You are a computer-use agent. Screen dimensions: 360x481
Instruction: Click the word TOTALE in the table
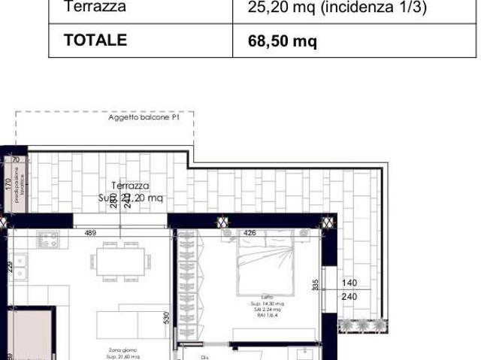95,41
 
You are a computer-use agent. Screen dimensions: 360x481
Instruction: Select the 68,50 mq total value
283,41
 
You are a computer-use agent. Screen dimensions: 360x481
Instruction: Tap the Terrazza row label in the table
95,8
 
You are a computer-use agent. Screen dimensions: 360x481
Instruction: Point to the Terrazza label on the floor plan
130,186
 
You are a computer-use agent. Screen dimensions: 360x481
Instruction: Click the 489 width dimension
90,233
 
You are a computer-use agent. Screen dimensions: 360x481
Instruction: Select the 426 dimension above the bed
250,233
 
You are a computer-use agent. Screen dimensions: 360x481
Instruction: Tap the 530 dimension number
167,319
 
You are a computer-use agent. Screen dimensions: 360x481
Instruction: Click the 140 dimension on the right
349,283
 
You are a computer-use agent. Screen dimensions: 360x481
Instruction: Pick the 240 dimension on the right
349,297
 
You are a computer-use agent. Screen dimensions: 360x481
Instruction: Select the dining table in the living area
120,260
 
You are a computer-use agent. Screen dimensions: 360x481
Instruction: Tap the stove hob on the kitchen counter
49,241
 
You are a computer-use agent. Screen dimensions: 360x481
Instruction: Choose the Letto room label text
268,297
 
